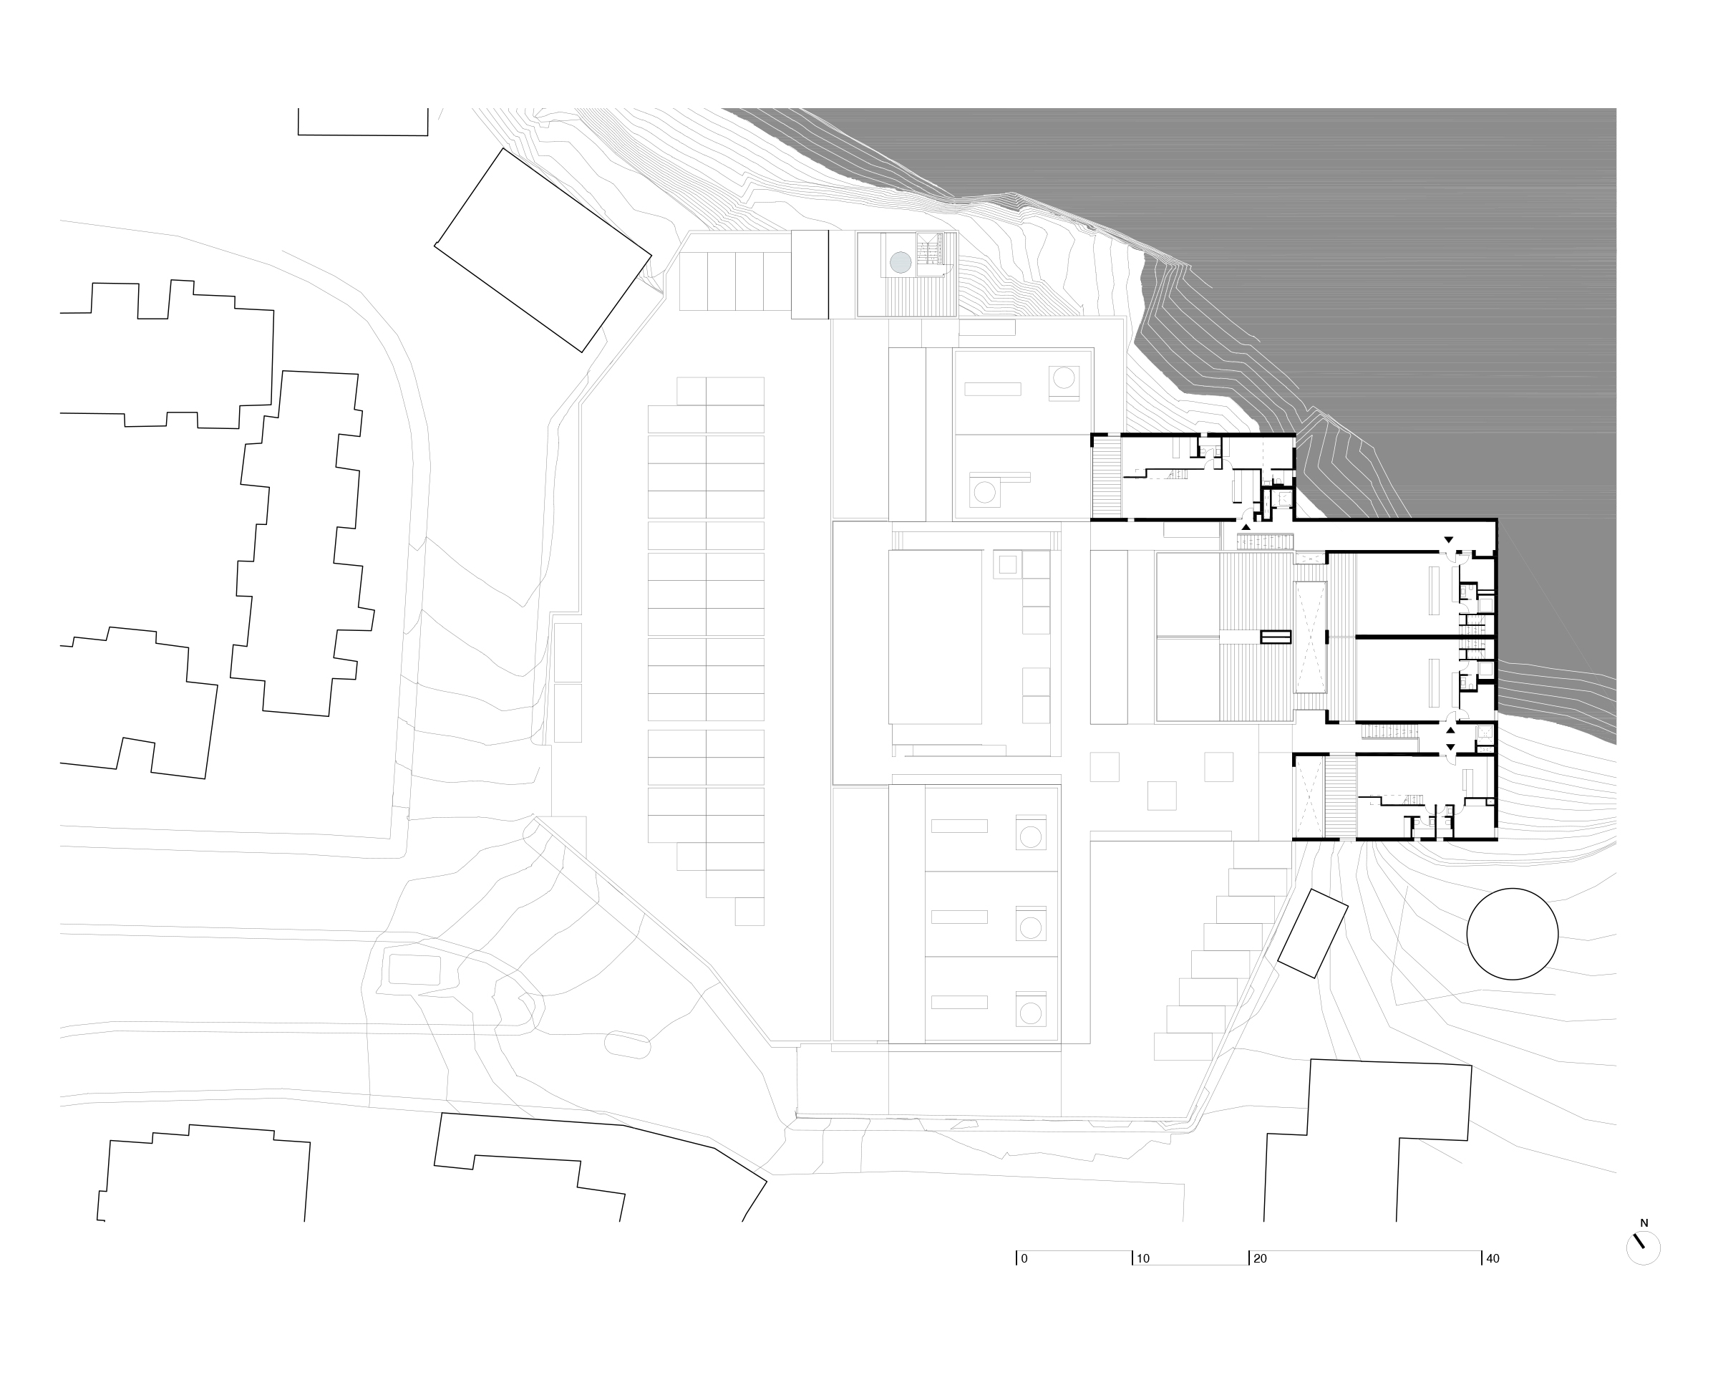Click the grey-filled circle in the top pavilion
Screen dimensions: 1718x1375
pyautogui.click(x=901, y=262)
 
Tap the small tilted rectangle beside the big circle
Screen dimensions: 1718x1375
pyautogui.click(x=1312, y=933)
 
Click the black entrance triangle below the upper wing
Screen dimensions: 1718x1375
pyautogui.click(x=1246, y=527)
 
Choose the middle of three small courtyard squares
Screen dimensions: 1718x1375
pyautogui.click(x=1162, y=796)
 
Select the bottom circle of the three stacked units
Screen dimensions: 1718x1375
pyautogui.click(x=1030, y=1014)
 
